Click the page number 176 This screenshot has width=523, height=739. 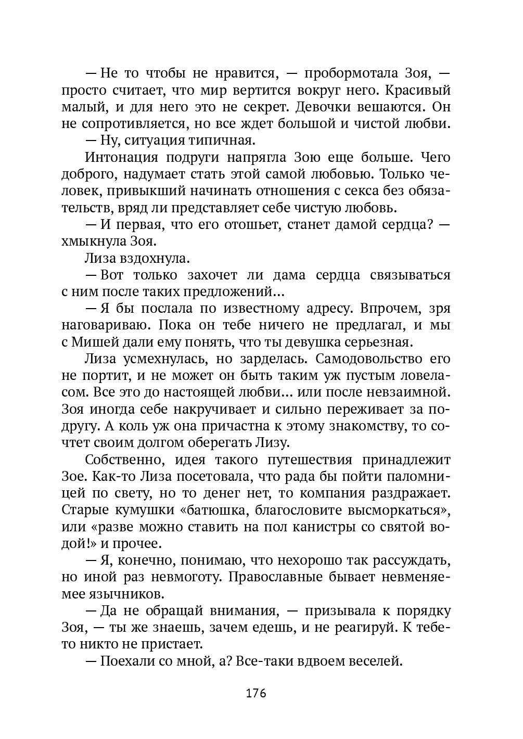(x=256, y=694)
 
